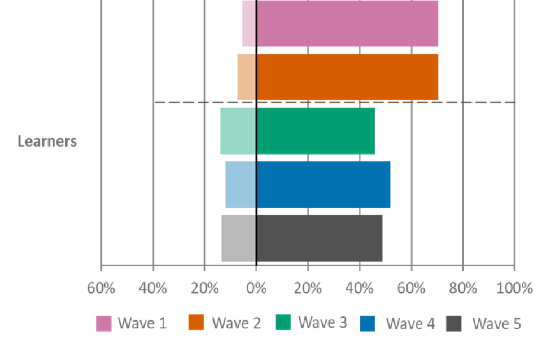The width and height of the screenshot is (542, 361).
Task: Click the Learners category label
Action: click(x=47, y=141)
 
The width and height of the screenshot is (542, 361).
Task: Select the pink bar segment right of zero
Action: click(x=348, y=24)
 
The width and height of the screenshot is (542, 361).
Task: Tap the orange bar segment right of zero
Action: click(x=348, y=76)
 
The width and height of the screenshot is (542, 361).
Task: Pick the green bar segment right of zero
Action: click(x=316, y=131)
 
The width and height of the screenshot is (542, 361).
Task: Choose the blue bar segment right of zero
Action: click(x=324, y=184)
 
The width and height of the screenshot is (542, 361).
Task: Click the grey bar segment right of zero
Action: click(x=320, y=238)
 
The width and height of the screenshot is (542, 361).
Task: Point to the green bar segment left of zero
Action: click(x=237, y=131)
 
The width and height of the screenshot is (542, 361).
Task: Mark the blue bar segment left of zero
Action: click(x=240, y=184)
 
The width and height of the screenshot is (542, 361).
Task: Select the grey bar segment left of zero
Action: click(x=238, y=238)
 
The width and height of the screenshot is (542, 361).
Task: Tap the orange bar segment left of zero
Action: click(x=246, y=76)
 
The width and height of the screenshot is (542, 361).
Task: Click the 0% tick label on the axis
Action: click(x=256, y=288)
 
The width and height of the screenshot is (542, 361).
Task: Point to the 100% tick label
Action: click(x=514, y=288)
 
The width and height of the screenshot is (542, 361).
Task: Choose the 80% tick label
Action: click(x=463, y=288)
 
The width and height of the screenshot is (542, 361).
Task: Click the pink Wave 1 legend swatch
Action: click(x=103, y=323)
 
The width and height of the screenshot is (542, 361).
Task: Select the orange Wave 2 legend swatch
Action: click(x=196, y=323)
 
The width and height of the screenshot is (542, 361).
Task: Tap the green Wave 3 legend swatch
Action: click(x=283, y=322)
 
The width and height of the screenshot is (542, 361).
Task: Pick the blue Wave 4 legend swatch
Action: click(x=368, y=323)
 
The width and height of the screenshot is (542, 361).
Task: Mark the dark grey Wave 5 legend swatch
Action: click(x=454, y=323)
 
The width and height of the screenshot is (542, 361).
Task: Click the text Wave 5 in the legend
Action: click(x=496, y=324)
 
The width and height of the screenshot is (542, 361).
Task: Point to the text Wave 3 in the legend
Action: click(x=322, y=323)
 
